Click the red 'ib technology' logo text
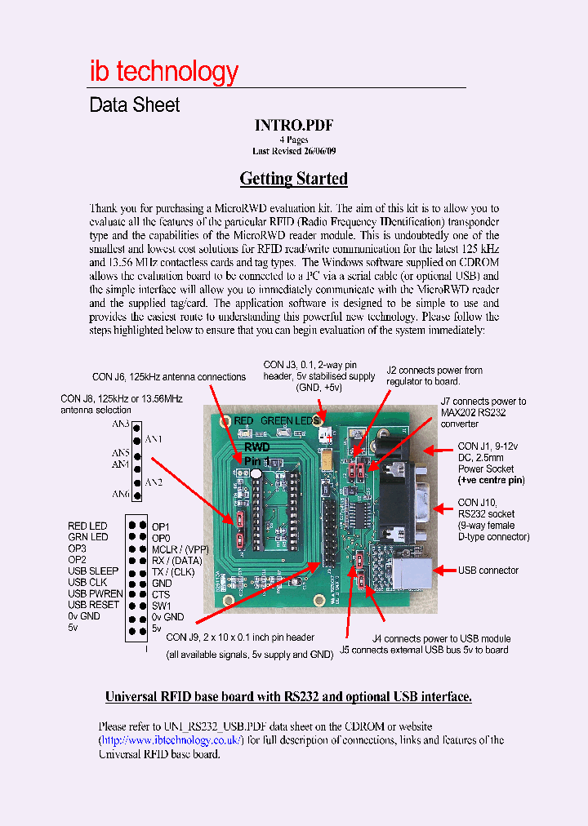coord(163,72)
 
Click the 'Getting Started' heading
coord(293,179)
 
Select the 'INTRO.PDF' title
coord(293,125)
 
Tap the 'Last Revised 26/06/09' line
coord(293,151)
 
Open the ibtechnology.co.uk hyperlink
coord(171,740)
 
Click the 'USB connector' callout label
coord(488,571)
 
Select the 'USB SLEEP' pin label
coord(93,571)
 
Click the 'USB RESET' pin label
coord(94,605)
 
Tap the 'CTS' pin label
coord(161,595)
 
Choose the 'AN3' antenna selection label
coord(121,424)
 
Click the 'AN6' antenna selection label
coord(121,495)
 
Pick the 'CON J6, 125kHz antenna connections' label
coord(169,377)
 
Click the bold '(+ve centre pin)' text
coord(491,480)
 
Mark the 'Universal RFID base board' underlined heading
coord(288,697)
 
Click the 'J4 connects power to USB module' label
coord(442,638)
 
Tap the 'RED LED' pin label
coord(87,526)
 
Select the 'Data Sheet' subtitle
coord(134,105)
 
